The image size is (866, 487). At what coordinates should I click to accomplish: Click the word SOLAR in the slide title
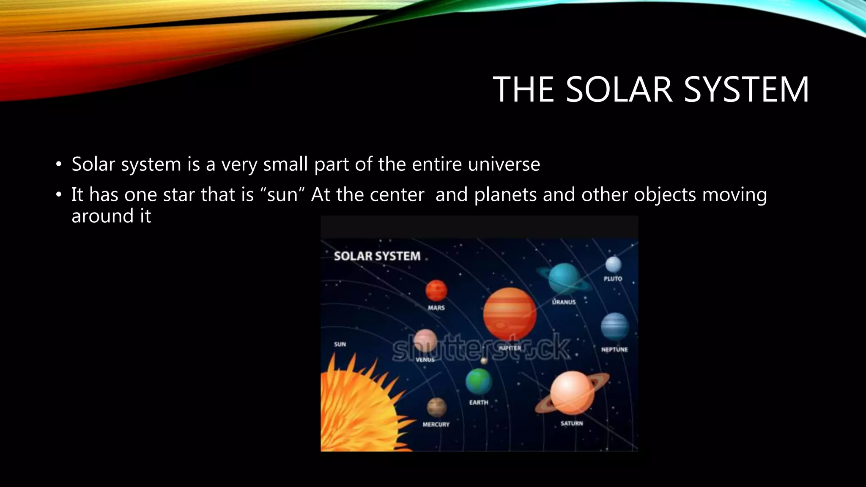pyautogui.click(x=619, y=90)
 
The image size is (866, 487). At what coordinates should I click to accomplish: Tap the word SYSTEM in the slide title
pyautogui.click(x=746, y=90)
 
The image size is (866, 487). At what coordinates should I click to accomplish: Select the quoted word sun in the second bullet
pyautogui.click(x=283, y=195)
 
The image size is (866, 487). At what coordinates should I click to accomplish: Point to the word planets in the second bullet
pyautogui.click(x=505, y=195)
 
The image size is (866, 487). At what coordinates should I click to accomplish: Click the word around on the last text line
pyautogui.click(x=103, y=216)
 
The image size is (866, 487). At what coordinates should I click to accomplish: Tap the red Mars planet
pyautogui.click(x=436, y=290)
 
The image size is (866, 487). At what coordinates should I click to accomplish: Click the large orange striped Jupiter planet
pyautogui.click(x=510, y=314)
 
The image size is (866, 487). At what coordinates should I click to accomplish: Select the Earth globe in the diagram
pyautogui.click(x=478, y=381)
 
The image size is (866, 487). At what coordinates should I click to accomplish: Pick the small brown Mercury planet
pyautogui.click(x=436, y=407)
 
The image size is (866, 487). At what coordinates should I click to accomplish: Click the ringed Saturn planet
pyautogui.click(x=572, y=393)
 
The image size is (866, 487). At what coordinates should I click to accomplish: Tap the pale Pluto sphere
pyautogui.click(x=613, y=265)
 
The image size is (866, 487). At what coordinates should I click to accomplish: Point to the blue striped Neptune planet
pyautogui.click(x=614, y=327)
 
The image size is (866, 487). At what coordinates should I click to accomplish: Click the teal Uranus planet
pyautogui.click(x=564, y=278)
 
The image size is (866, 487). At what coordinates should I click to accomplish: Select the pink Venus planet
pyautogui.click(x=425, y=341)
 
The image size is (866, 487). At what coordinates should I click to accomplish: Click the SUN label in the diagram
pyautogui.click(x=340, y=345)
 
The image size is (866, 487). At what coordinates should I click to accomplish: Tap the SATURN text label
pyautogui.click(x=572, y=424)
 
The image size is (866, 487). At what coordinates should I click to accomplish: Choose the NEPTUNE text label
pyautogui.click(x=614, y=350)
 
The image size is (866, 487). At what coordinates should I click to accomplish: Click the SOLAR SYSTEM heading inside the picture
pyautogui.click(x=377, y=256)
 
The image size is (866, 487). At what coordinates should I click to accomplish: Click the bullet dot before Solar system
pyautogui.click(x=59, y=164)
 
